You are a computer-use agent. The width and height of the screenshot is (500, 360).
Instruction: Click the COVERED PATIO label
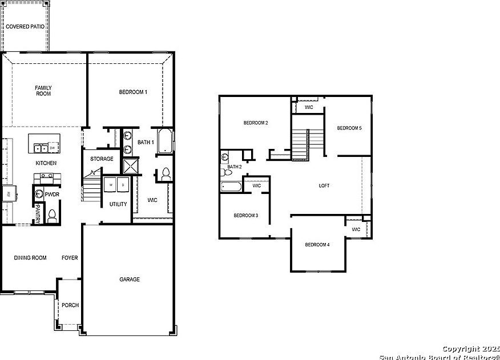pos(25,27)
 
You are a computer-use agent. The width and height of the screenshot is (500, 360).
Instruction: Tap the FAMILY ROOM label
pos(43,90)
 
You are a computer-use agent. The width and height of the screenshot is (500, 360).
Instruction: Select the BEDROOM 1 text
pos(133,92)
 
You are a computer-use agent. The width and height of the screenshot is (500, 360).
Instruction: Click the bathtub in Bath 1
pos(165,141)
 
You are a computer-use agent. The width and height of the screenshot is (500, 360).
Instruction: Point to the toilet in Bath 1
pos(165,174)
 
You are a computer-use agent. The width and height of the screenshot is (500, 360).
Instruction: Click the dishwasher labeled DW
pos(52,148)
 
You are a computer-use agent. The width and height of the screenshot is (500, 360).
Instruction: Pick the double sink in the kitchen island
pos(40,148)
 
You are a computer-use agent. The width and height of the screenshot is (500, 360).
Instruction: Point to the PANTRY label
pos(38,214)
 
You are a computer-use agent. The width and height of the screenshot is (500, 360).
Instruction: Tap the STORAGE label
pos(102,159)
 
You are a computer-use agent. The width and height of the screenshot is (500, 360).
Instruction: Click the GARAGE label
pos(130,280)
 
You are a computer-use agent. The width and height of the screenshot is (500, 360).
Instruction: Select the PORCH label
pos(70,305)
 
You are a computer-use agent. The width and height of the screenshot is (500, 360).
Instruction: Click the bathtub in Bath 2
pos(232,187)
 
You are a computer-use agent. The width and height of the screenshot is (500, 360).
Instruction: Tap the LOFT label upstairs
pos(324,185)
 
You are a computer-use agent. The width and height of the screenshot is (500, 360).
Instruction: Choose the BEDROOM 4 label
pos(317,245)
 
